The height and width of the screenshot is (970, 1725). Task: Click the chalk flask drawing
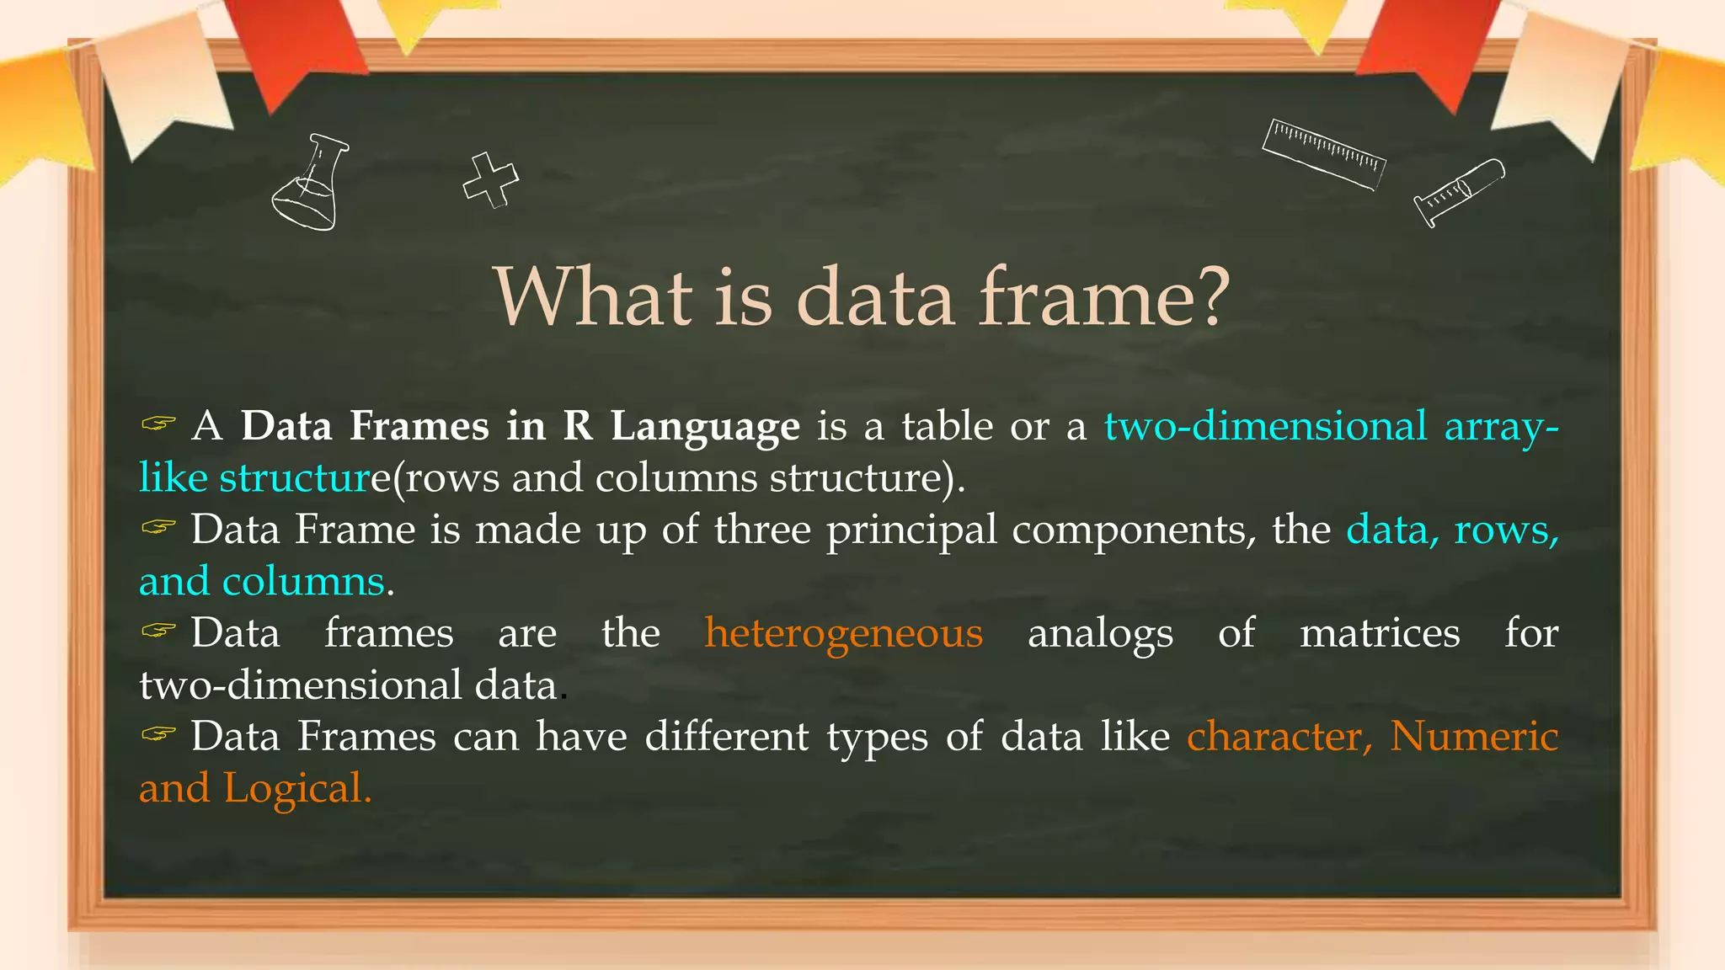click(309, 183)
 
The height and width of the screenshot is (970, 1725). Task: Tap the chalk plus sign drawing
click(490, 179)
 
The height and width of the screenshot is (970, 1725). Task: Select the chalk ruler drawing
click(1323, 154)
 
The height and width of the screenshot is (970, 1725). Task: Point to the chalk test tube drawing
click(1459, 192)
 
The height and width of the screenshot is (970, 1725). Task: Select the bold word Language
click(705, 426)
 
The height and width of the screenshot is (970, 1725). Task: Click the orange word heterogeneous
click(843, 632)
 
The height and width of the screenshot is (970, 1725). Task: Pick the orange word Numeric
click(1473, 736)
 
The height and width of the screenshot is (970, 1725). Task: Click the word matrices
click(1380, 632)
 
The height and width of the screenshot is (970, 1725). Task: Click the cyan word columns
click(303, 581)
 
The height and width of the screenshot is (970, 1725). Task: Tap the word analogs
click(1100, 634)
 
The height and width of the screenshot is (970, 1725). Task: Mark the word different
click(726, 736)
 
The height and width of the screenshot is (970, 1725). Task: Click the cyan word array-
click(1501, 426)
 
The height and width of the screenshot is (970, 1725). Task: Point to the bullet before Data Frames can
click(158, 734)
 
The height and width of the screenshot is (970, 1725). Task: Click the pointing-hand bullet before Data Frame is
click(158, 527)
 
